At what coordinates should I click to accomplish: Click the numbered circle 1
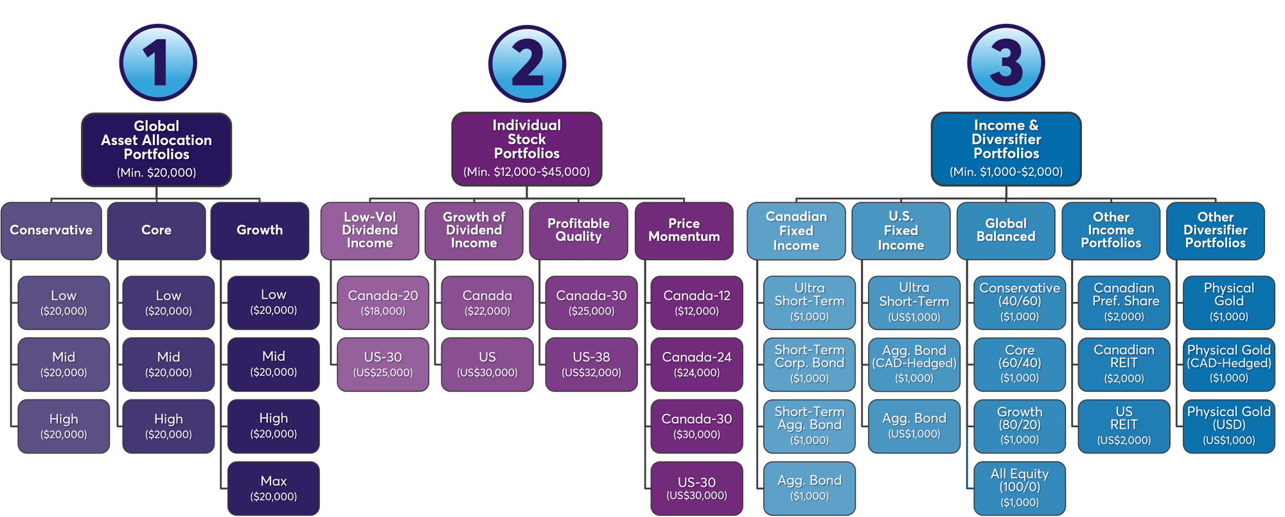[x=157, y=63]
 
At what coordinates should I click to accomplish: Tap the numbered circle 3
[x=1006, y=63]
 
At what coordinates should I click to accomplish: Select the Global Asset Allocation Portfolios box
[x=156, y=149]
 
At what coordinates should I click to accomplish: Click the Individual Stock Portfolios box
[x=526, y=148]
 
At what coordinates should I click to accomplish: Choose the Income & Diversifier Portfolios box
[x=1006, y=148]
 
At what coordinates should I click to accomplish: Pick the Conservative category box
[x=51, y=231]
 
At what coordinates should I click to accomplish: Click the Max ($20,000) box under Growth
[x=273, y=488]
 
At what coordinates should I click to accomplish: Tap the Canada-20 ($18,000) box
[x=383, y=302]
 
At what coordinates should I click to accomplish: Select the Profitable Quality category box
[x=578, y=231]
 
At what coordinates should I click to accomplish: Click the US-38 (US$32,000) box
[x=591, y=364]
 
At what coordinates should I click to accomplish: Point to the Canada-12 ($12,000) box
[x=696, y=302]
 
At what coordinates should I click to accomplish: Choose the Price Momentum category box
[x=684, y=231]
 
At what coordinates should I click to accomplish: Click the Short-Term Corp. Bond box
[x=809, y=364]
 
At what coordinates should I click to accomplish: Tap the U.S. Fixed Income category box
[x=901, y=231]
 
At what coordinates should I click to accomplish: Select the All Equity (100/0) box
[x=1020, y=488]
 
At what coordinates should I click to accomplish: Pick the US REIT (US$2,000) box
[x=1124, y=426]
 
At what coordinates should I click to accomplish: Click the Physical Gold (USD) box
[x=1228, y=426]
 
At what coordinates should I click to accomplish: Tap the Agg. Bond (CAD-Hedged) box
[x=914, y=364]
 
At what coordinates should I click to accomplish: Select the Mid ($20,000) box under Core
[x=168, y=364]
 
